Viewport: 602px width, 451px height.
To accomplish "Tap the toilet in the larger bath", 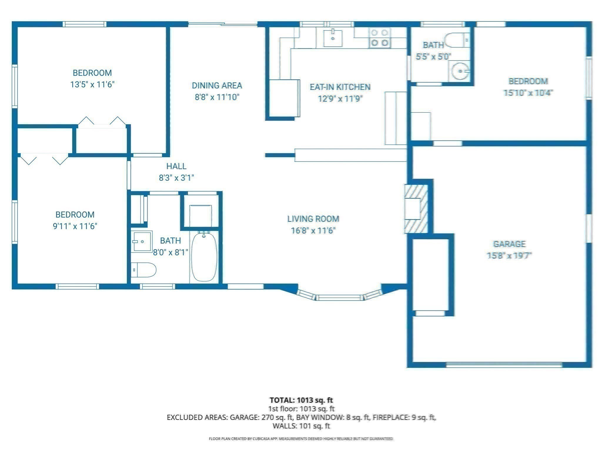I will coord(144,270).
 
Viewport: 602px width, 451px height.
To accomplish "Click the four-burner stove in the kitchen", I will coord(379,38).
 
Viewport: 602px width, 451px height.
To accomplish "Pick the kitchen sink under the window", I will coord(333,38).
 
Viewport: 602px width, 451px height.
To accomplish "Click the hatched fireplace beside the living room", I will coord(416,209).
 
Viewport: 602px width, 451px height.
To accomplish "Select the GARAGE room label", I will coord(509,244).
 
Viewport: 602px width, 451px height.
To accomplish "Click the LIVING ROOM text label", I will coord(313,219).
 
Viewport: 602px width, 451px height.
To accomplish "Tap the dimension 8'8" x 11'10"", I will coord(217,97).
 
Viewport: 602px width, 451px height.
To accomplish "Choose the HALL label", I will coord(176,166).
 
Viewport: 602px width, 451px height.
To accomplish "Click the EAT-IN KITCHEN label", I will coord(340,87).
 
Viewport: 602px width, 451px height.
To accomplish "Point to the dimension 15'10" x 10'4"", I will coord(528,93).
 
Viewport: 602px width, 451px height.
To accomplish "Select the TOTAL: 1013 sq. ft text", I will coord(301,400).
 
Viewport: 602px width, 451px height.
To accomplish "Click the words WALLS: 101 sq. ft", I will coord(301,426).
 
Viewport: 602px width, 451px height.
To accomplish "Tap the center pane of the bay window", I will coord(339,297).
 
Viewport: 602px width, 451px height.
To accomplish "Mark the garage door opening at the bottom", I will coord(504,365).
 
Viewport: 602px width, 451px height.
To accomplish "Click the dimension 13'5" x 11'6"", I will coord(92,85).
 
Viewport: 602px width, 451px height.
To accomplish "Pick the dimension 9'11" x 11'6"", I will coord(75,226).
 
